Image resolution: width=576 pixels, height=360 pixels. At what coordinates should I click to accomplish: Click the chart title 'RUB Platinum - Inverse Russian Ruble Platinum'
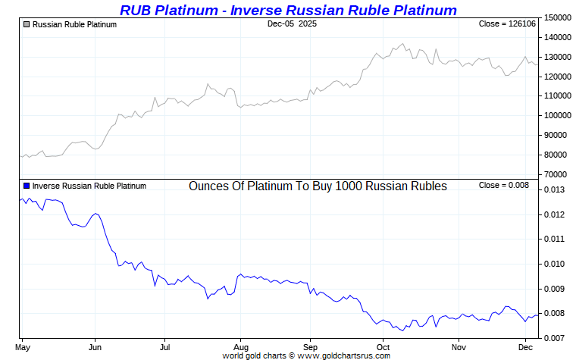pos(288,10)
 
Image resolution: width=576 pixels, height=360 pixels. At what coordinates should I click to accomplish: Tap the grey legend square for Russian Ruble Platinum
pos(27,24)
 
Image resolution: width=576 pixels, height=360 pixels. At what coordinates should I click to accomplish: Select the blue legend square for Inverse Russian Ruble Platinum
pos(27,186)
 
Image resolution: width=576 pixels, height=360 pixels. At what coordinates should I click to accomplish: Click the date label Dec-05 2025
pos(293,24)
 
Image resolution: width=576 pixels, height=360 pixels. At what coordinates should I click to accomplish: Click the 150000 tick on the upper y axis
pos(558,17)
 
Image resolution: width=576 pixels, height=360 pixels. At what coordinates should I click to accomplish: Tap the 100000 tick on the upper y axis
pos(558,116)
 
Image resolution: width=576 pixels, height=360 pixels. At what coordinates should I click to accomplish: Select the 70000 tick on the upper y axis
pos(558,175)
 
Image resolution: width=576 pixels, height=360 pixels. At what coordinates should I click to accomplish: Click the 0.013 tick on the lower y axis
pos(555,190)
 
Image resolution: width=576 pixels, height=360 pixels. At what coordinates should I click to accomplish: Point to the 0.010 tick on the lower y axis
pos(555,265)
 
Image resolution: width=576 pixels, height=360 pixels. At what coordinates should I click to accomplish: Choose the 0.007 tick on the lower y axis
pos(555,338)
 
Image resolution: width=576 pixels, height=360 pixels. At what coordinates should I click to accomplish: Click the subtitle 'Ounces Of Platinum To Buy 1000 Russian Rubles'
pos(318,186)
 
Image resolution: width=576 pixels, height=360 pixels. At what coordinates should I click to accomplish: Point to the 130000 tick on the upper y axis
pos(558,57)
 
